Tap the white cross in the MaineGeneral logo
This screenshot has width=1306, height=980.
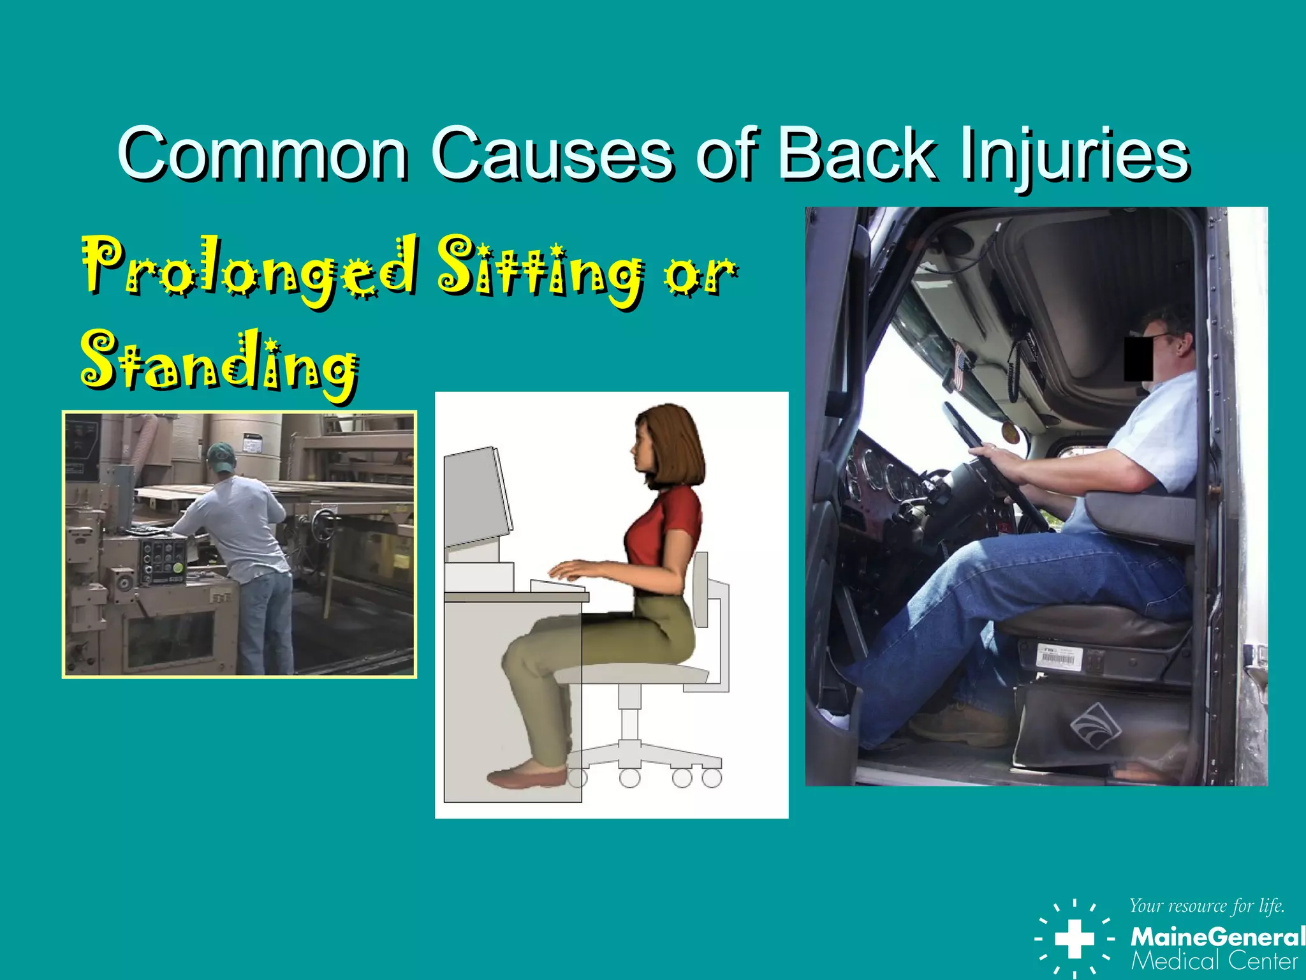[x=1075, y=939]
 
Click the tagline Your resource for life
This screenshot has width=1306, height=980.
[x=1207, y=906]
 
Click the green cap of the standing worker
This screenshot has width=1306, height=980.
[x=221, y=455]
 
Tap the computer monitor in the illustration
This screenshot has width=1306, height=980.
[x=477, y=498]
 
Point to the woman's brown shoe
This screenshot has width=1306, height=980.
[x=527, y=776]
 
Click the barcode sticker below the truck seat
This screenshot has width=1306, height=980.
[x=1059, y=657]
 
